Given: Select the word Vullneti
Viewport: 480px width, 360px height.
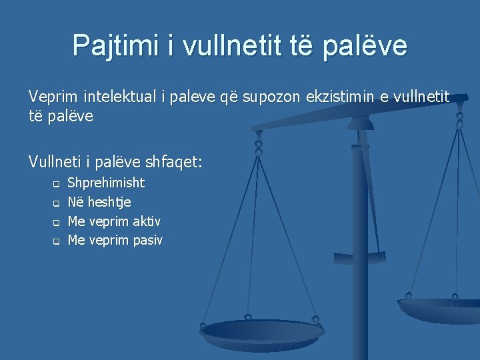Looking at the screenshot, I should [53, 161].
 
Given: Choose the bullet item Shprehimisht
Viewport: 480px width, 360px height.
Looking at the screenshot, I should [107, 183].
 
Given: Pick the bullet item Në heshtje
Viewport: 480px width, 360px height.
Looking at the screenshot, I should [99, 202].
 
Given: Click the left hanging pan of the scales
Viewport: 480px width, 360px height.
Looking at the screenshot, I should [261, 331].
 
